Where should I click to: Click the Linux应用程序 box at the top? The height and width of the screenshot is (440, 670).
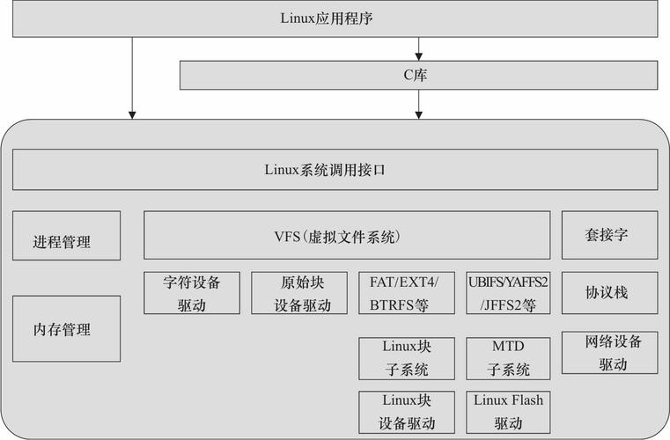tap(335, 18)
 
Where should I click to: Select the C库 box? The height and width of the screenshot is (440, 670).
tap(418, 75)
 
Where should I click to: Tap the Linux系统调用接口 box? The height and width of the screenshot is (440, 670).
tap(335, 170)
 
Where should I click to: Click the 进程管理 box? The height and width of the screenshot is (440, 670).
tap(66, 235)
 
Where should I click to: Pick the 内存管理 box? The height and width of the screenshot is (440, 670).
tap(66, 329)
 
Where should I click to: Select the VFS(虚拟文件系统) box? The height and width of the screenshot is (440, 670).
tap(347, 235)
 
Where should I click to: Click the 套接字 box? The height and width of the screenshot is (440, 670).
tap(610, 235)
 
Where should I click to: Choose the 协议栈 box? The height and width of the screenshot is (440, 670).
tap(610, 293)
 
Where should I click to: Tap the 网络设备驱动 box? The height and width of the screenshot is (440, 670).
tap(610, 353)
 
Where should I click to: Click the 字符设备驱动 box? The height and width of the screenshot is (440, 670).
tap(192, 293)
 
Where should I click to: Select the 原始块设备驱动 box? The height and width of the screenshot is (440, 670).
tap(299, 293)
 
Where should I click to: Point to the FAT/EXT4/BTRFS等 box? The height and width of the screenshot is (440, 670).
tap(407, 293)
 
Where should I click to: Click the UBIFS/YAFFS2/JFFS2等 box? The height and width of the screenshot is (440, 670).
tap(508, 293)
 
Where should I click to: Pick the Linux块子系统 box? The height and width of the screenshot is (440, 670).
tap(407, 358)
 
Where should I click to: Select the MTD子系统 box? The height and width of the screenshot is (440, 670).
tap(508, 358)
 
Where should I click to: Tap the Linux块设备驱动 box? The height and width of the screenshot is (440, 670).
tap(407, 412)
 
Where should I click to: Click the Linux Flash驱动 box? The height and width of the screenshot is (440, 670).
tap(508, 412)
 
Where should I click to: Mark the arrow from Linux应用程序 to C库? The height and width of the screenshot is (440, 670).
tap(419, 48)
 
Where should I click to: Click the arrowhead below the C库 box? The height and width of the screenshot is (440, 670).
tap(419, 115)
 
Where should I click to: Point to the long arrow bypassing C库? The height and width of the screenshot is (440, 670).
tap(132, 77)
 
